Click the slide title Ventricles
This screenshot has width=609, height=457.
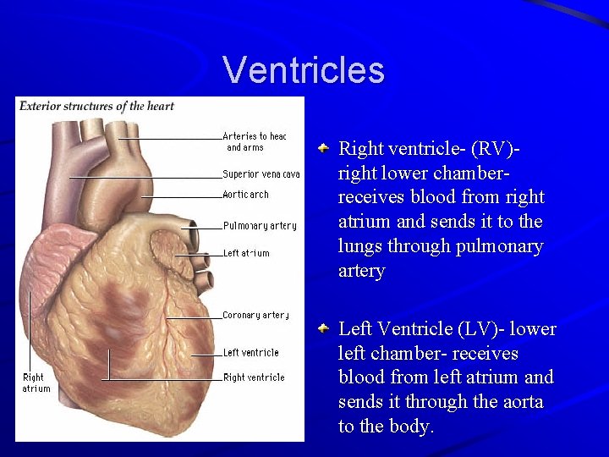304,70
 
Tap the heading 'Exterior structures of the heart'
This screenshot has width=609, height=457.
96,107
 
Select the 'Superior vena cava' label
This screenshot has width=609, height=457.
261,174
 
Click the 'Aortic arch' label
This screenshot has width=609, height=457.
245,195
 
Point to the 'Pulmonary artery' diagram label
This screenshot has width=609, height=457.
260,226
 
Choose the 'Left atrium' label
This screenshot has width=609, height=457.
246,253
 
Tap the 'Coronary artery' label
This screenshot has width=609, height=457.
256,316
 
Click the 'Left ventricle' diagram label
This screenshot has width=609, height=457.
250,353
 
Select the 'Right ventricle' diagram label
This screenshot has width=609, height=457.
254,377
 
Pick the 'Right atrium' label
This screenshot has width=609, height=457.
36,383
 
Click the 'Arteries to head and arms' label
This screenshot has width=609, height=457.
254,141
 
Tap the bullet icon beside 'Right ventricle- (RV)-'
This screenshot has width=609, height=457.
324,149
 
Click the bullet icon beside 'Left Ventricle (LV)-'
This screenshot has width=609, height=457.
324,328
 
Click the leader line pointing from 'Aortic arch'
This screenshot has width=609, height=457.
181,196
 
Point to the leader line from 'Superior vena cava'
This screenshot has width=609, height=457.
144,177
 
